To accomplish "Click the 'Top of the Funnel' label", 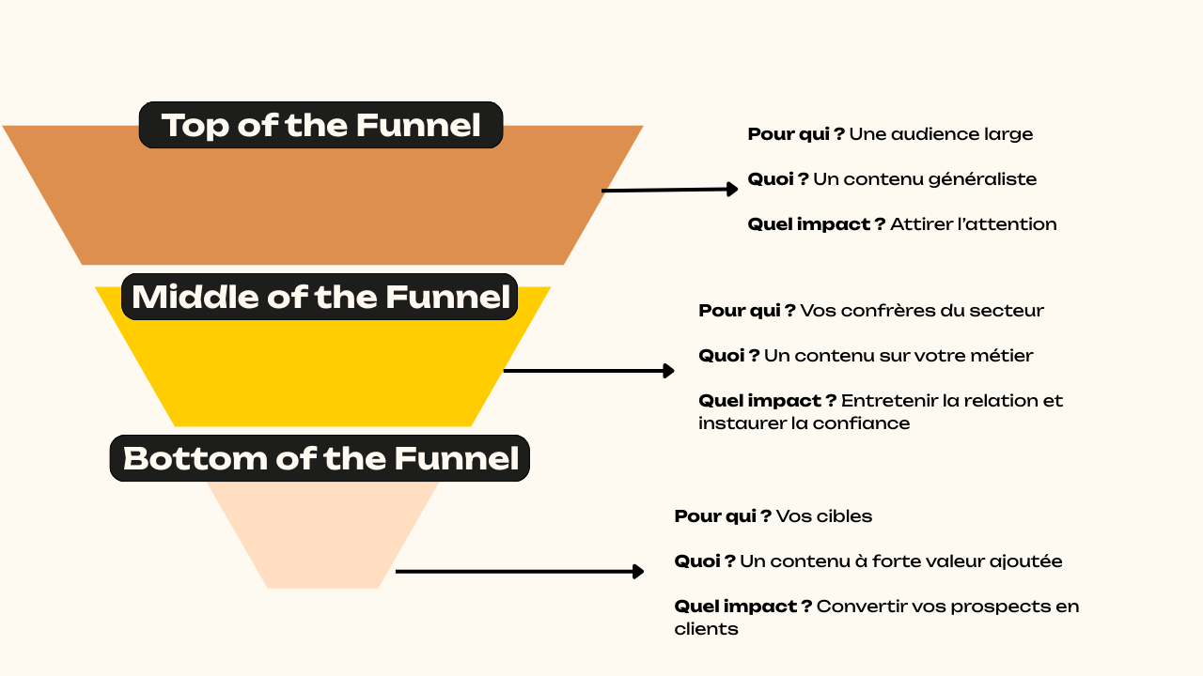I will point(320,125).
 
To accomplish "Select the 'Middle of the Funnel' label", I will point(320,297).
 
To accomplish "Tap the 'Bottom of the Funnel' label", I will point(320,458).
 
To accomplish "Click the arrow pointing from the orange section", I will point(669,190).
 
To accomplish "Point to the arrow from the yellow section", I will point(588,371).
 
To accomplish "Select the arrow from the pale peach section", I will point(519,571).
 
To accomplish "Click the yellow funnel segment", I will point(322,376).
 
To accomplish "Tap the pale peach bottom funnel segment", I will point(322,540).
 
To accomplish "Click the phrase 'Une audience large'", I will point(941,134).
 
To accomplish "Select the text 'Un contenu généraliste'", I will point(925,179).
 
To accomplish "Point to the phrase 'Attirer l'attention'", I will point(973,224).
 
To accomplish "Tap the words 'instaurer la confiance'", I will point(804,423).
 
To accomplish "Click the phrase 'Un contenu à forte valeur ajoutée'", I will point(900,561).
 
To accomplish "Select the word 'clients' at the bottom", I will point(706,629).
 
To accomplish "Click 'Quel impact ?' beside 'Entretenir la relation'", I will point(767,401).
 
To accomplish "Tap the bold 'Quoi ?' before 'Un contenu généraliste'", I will point(778,179).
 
